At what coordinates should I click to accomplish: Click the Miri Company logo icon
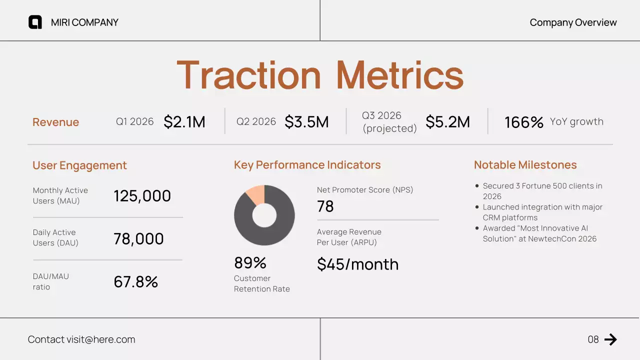point(35,22)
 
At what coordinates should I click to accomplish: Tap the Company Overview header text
point(573,22)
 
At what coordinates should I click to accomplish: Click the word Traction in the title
point(248,75)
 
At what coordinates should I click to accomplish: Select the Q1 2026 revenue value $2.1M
point(184,122)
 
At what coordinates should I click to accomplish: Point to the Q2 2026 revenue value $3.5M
point(306,122)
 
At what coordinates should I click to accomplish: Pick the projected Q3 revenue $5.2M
point(447,122)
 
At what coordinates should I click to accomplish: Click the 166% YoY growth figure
point(523,122)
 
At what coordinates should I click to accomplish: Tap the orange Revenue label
point(55,122)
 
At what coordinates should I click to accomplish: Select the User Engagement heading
point(79,165)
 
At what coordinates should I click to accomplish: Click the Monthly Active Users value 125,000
point(142,196)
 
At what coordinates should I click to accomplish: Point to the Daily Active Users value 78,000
point(138,239)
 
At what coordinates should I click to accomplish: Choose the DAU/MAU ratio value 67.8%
point(135,282)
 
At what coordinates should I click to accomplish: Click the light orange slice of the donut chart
point(256,194)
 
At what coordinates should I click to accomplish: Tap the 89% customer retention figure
point(250,263)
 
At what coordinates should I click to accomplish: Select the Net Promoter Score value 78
point(325,206)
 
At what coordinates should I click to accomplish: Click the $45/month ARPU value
point(357,264)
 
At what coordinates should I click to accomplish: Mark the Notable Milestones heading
point(525,165)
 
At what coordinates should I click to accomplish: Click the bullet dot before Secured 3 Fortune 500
point(477,186)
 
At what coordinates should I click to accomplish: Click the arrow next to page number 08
point(610,339)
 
